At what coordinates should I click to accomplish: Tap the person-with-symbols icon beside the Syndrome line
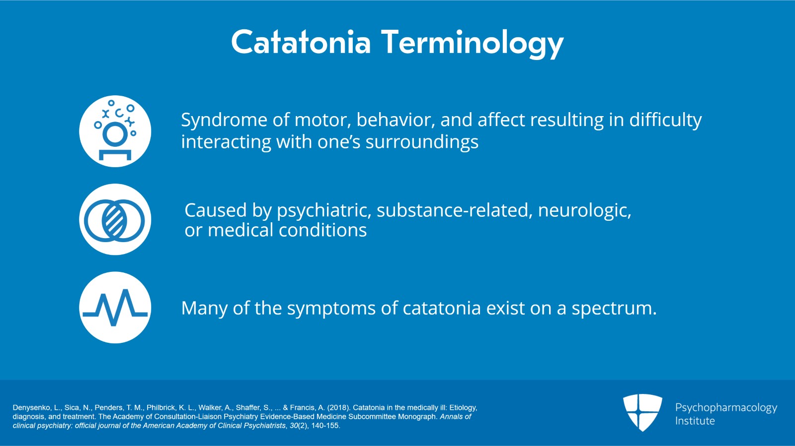point(115,131)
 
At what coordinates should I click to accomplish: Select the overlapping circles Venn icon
point(115,220)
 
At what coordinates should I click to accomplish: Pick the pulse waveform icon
point(115,308)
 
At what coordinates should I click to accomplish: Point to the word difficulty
point(665,121)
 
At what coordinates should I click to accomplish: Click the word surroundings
point(422,142)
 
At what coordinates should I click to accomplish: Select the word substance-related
point(454,210)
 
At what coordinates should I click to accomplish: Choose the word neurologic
point(584,211)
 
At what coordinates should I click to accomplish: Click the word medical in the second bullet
point(240,230)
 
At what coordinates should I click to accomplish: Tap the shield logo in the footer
point(642,412)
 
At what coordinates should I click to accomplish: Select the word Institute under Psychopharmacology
point(695,421)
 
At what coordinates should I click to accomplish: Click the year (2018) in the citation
point(338,407)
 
